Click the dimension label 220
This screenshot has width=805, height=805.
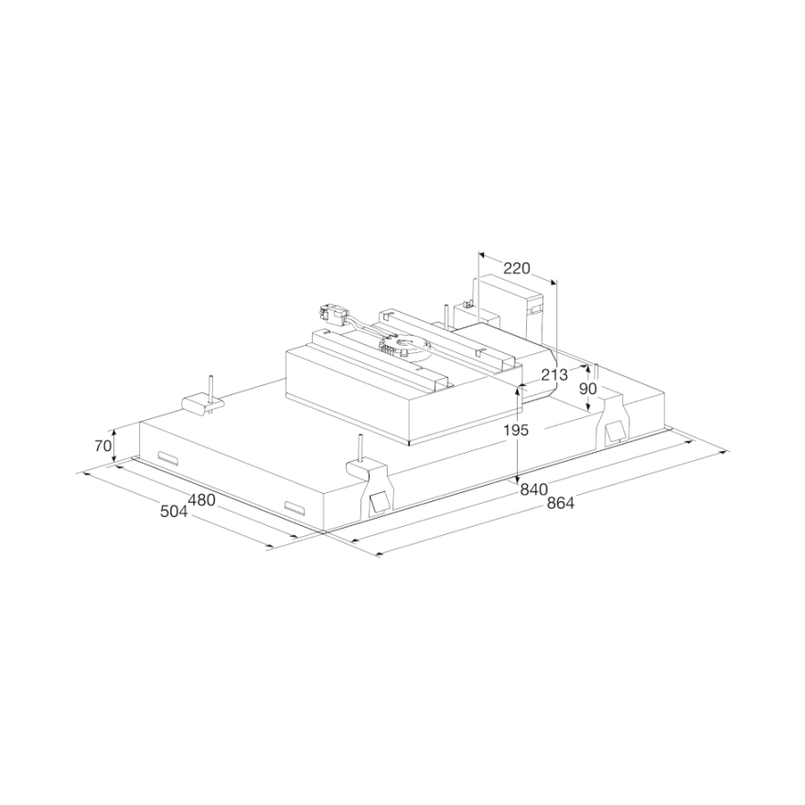pos(516,268)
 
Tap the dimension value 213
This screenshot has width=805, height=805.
pos(554,375)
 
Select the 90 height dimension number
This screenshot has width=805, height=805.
pos(588,389)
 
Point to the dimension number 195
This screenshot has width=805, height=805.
pos(515,430)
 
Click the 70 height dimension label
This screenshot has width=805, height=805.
pos(102,446)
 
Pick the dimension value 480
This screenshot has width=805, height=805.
pos(201,499)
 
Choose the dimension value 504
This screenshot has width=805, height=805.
pos(174,511)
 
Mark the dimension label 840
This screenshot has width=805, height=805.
pos(534,489)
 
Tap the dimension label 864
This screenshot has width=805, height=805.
pos(560,503)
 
